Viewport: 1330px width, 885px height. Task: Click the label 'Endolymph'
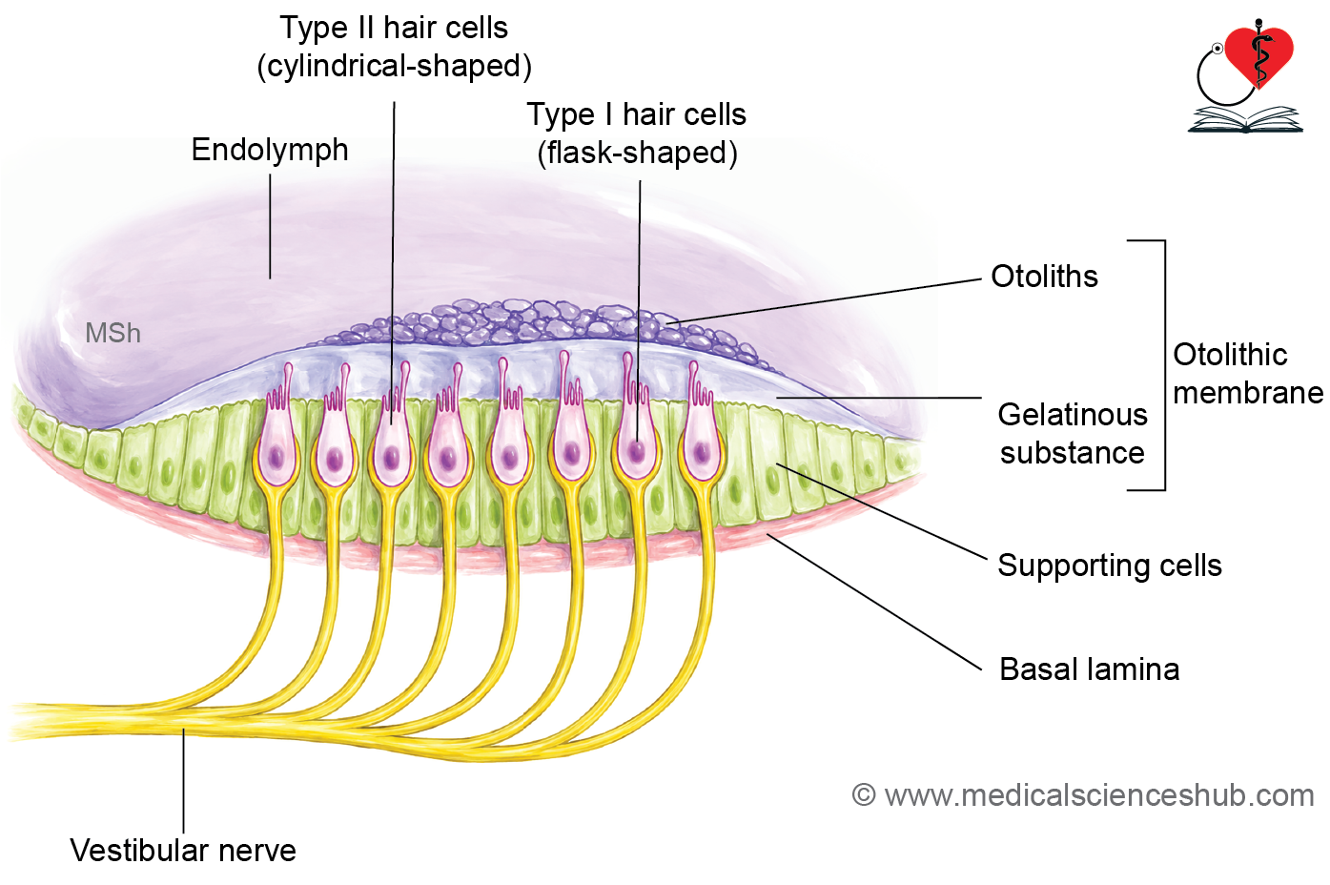(270, 151)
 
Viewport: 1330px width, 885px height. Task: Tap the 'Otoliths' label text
(1044, 277)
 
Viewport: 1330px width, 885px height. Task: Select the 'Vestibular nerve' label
(183, 851)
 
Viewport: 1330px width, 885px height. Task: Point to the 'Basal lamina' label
(1090, 669)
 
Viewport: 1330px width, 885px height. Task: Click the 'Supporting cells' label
(1110, 566)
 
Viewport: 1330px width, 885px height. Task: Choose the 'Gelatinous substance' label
(1073, 434)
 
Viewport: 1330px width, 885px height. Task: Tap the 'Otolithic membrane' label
(1247, 374)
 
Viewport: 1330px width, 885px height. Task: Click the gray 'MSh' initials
(113, 333)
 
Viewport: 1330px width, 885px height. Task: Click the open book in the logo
(1245, 119)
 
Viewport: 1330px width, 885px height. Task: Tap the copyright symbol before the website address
(864, 794)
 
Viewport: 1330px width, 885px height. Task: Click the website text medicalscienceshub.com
(1098, 795)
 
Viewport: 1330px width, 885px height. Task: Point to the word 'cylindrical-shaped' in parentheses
(395, 66)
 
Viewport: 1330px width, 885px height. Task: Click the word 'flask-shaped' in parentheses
(637, 153)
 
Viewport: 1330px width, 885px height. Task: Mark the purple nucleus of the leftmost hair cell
(276, 458)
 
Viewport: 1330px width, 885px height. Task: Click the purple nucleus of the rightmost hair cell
(702, 454)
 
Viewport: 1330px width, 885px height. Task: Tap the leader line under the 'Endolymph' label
(270, 226)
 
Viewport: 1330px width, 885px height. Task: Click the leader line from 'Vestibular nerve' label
(183, 781)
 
